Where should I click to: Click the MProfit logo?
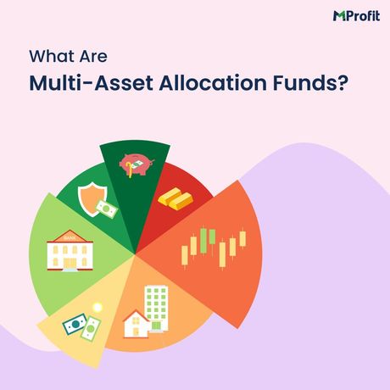(x=352, y=15)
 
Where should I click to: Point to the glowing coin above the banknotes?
(x=99, y=305)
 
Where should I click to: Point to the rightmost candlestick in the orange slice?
(x=242, y=238)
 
